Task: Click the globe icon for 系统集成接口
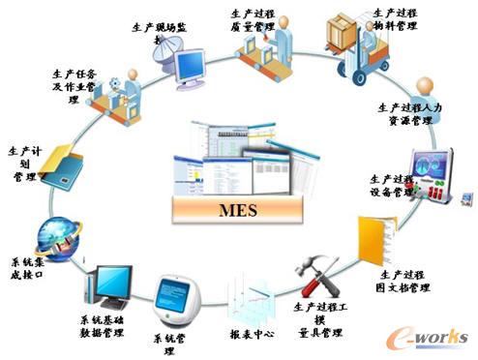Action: pos(51,236)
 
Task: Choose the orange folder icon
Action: pos(373,236)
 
